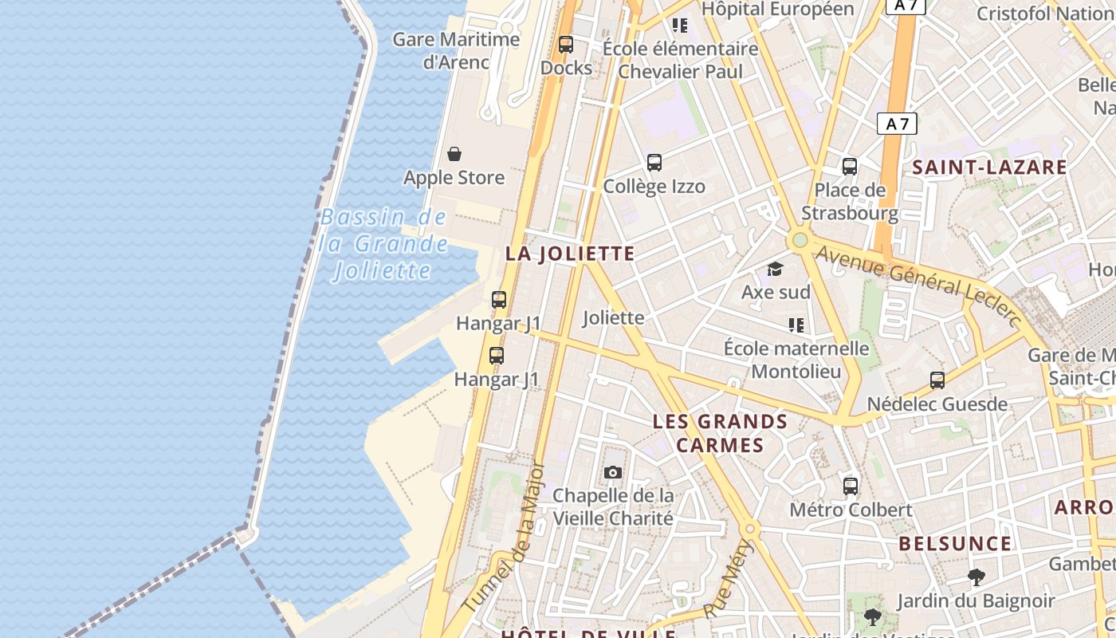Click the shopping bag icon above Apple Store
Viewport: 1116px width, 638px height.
(454, 154)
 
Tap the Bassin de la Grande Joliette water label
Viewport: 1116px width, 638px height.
(383, 243)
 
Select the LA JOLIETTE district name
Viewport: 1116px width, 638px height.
(570, 254)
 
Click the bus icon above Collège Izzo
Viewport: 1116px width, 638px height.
(654, 163)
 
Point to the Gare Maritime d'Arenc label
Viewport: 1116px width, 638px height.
(456, 49)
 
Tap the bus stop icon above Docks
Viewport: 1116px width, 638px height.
(566, 45)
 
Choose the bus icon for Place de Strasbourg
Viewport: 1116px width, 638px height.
(850, 167)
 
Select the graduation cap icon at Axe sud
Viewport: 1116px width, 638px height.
(775, 269)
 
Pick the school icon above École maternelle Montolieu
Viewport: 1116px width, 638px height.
(796, 325)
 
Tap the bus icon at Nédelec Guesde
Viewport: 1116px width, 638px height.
(937, 380)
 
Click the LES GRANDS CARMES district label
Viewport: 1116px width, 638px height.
(720, 433)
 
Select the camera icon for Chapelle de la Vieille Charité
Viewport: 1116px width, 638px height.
(613, 472)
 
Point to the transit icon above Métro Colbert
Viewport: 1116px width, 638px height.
(851, 486)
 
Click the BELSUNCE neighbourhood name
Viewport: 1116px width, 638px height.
(955, 544)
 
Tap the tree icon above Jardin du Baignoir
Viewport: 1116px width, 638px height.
(976, 577)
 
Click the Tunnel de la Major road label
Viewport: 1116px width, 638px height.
(505, 538)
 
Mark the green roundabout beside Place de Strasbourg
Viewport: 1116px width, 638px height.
(800, 240)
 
